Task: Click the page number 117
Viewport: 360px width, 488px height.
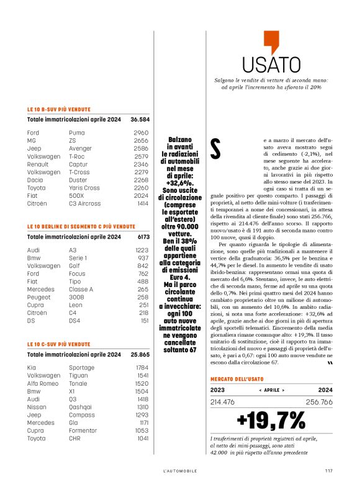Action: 328,471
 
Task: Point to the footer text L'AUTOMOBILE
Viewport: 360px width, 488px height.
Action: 180,471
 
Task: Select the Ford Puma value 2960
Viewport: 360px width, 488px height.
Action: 141,133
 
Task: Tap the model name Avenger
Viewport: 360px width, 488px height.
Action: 79,149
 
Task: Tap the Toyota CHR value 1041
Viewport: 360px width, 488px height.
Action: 142,438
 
